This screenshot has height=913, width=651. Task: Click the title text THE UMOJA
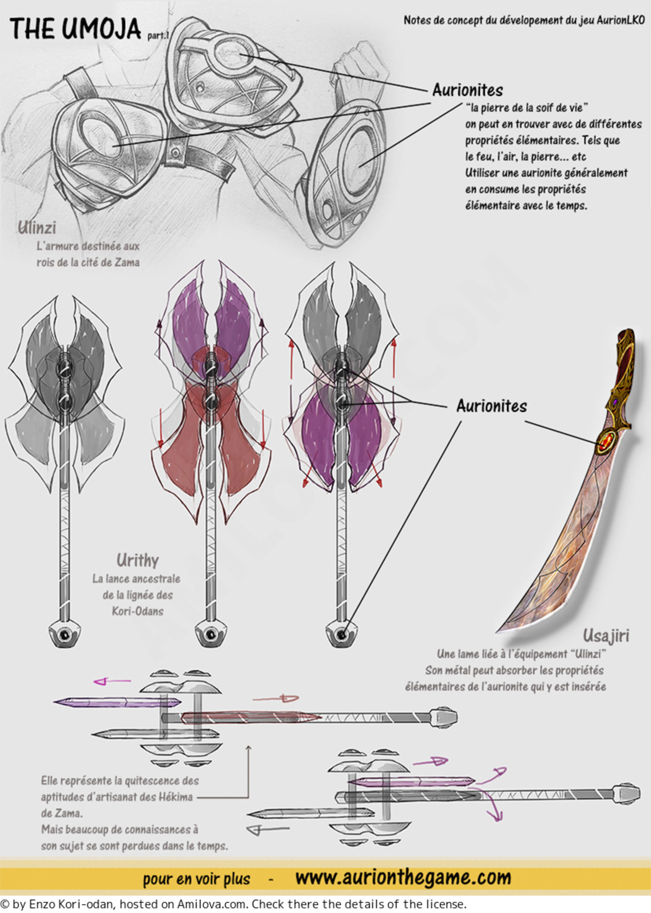click(75, 29)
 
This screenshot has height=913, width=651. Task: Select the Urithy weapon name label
click(138, 561)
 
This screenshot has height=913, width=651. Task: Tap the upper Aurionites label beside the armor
click(467, 90)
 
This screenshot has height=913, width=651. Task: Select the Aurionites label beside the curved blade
click(492, 406)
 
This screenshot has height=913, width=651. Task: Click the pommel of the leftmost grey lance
click(64, 634)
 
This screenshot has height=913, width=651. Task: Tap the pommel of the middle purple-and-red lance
click(211, 634)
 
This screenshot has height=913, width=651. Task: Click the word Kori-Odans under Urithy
click(138, 611)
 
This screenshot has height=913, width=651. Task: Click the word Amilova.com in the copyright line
click(212, 904)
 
